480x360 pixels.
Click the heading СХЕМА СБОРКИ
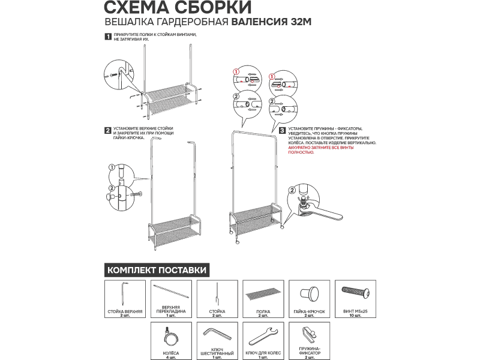click(170, 8)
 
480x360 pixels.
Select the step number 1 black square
click(108, 37)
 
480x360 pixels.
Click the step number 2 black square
click(107, 130)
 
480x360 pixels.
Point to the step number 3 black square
click(282, 130)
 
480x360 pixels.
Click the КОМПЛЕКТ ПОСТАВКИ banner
click(157, 270)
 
